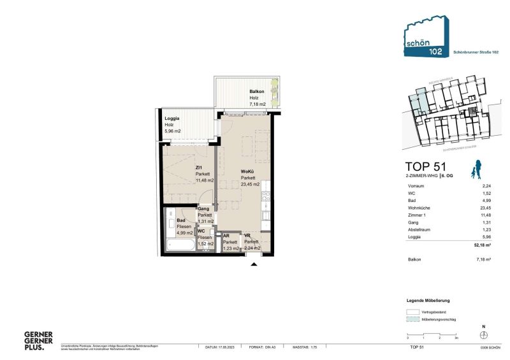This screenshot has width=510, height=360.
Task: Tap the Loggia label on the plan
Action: click(x=172, y=119)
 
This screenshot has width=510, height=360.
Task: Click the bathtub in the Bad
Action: click(x=180, y=245)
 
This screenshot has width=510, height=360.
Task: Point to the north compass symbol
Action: click(x=484, y=335)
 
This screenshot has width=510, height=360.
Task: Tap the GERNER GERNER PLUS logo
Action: click(x=38, y=341)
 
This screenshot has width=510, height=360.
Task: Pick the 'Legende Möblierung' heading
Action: click(x=428, y=299)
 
